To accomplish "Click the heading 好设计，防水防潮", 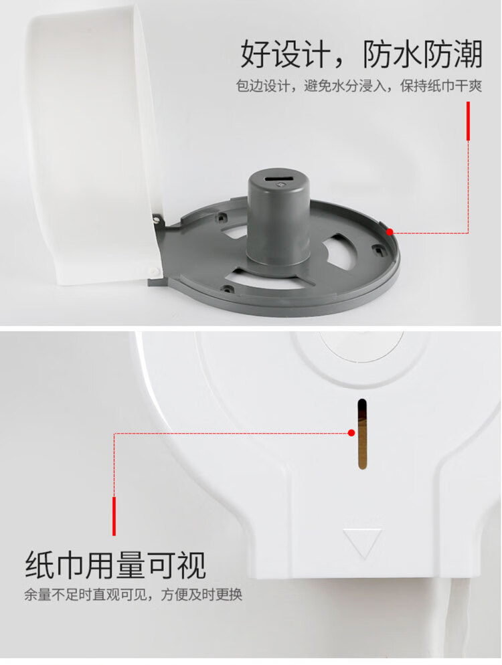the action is pos(361,54).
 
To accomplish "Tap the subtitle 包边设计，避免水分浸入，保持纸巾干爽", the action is pos(359,86).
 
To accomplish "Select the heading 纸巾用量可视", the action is pos(116,565).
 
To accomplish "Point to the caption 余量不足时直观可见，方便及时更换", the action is pos(133,595).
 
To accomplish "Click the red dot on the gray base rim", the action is pos(390,232).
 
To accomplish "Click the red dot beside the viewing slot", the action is pos(351,433).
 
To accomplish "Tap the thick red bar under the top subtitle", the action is pos(468,121).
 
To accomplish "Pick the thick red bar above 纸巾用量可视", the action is pos(114,516).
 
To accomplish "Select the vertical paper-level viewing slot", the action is pos(362,434).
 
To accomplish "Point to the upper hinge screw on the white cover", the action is pos(157,219).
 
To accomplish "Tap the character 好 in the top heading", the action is pos(256,54).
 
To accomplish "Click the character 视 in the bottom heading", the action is pos(192,565).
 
